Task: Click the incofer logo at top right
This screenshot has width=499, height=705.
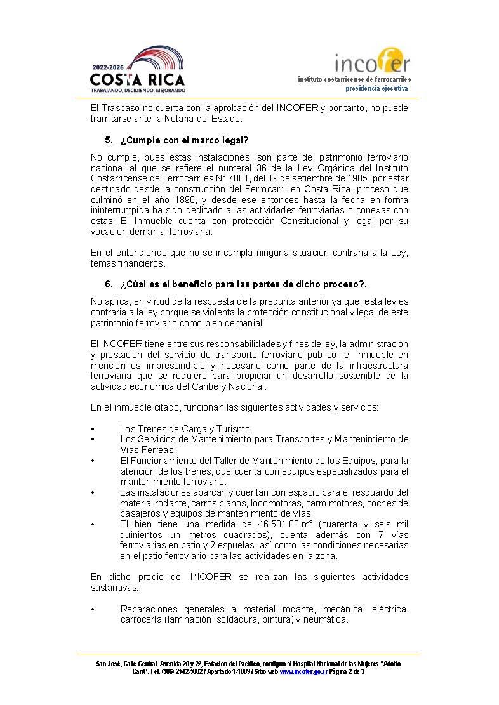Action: [x=372, y=63]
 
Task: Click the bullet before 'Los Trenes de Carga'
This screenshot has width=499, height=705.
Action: [x=93, y=429]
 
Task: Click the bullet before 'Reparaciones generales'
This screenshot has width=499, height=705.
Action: [x=93, y=609]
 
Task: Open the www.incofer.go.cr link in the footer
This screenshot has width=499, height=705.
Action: [x=303, y=671]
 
